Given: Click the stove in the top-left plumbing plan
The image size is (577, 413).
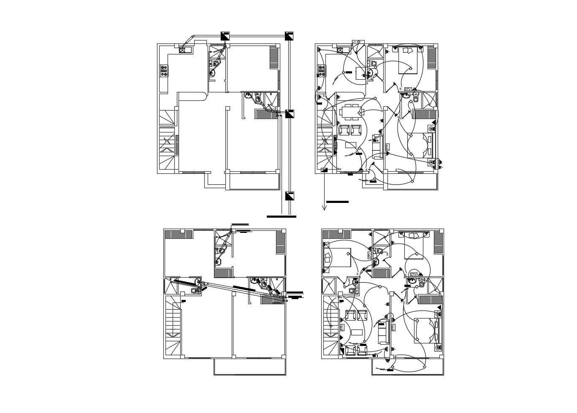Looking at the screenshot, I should [164, 71].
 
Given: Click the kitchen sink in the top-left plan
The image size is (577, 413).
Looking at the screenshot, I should [183, 50].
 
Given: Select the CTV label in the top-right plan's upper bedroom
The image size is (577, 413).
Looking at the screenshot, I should [407, 89].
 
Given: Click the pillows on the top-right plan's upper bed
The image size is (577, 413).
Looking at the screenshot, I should [408, 51].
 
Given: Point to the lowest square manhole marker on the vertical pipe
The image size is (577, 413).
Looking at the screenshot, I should [290, 196].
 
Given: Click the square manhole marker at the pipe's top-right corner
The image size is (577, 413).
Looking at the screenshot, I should [289, 36].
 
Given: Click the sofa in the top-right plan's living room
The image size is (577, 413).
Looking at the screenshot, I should [376, 148].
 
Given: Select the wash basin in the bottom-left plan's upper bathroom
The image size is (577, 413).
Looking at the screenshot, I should [218, 262].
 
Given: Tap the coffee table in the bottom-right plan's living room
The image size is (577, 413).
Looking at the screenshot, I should [357, 332].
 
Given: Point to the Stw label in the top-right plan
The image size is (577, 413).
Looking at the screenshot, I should [339, 169].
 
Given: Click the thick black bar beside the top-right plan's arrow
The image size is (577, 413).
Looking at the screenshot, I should [337, 202].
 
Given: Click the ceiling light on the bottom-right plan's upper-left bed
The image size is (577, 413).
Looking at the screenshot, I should [348, 254].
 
